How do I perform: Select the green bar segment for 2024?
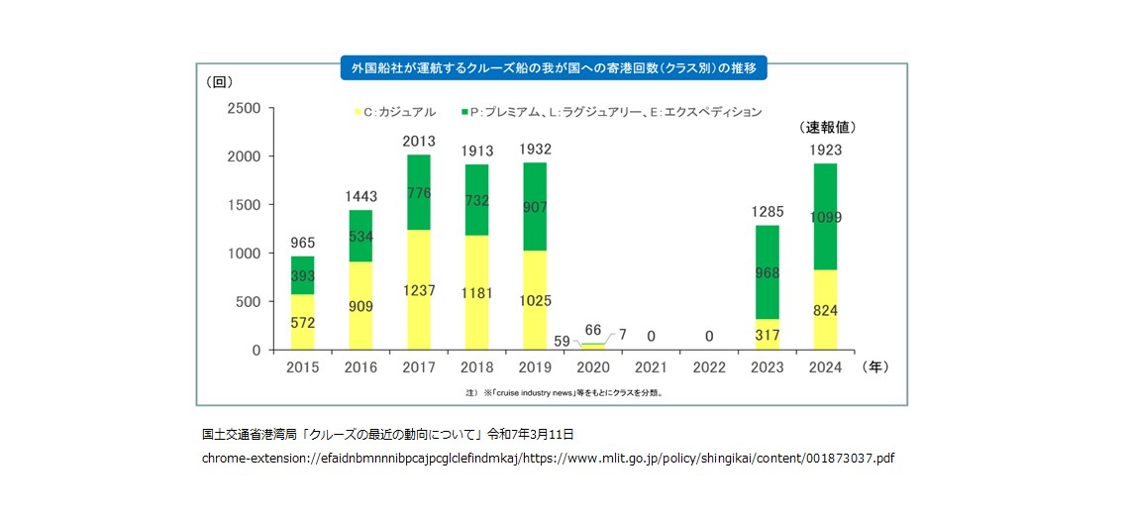825,216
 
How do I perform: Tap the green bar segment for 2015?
302,274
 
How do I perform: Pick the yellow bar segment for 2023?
767,335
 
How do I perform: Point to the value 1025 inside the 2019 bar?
534,300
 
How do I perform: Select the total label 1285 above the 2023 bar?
767,211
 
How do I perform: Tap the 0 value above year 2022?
708,337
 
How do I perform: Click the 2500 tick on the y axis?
244,108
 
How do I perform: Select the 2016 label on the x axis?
360,367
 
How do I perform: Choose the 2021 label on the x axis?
650,367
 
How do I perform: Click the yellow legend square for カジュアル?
358,113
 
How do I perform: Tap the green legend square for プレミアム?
463,113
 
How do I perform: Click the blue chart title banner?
554,69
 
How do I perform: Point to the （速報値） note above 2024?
828,127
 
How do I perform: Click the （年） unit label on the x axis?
876,366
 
